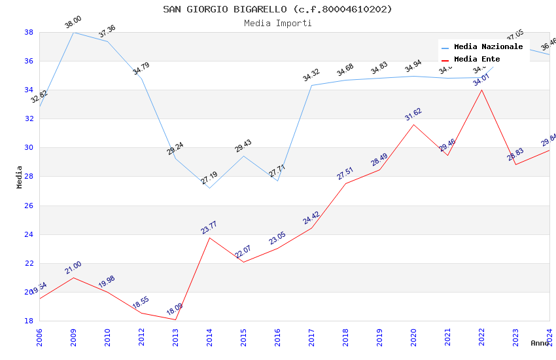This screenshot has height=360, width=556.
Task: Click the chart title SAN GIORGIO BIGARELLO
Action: coord(277,9)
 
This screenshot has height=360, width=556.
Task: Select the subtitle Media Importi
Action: coord(277,23)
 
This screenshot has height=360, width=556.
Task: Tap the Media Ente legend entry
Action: coord(477,59)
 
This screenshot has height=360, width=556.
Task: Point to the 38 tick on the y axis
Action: coord(29,32)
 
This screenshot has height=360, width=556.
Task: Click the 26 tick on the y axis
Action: coord(29,206)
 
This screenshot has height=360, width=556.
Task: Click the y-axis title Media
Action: coord(20,177)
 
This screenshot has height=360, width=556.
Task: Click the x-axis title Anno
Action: coord(540,343)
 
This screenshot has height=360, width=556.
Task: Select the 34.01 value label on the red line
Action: coord(481,81)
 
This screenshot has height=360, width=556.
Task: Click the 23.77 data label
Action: coord(209,228)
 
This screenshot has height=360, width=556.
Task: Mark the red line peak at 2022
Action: coord(481,90)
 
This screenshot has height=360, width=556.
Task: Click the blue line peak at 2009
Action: coord(73,32)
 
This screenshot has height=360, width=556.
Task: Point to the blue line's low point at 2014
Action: coord(209,188)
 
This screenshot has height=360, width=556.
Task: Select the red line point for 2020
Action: coord(413,124)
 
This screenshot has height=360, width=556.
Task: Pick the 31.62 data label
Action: coord(413,115)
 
